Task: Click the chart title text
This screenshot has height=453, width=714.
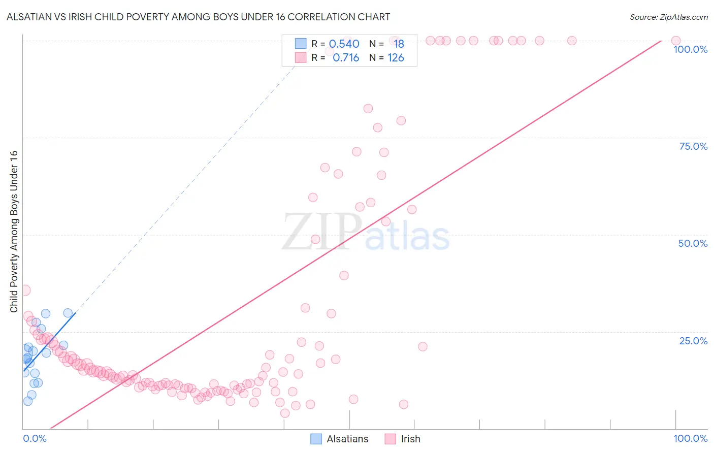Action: (198, 17)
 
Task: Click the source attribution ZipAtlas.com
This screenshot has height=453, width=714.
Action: (668, 17)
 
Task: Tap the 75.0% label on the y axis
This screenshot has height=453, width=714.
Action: (693, 146)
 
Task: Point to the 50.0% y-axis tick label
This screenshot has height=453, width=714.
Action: (693, 243)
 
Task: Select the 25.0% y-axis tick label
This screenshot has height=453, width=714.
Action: (693, 341)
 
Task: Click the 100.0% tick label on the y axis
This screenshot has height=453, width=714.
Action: (690, 49)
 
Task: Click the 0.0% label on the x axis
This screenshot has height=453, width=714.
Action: (35, 438)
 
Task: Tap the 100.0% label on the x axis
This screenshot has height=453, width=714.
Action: (690, 438)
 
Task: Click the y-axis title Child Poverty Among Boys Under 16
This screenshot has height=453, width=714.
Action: (14, 232)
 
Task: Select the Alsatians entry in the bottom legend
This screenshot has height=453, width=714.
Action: (347, 439)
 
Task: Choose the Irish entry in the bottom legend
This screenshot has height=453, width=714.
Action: (410, 439)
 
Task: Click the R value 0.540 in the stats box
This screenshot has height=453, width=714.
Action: (344, 44)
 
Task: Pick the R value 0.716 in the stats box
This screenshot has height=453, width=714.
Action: (345, 58)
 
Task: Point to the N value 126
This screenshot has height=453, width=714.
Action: (396, 58)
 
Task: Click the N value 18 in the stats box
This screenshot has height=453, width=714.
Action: (399, 44)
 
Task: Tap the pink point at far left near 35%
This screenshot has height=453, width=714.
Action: (25, 290)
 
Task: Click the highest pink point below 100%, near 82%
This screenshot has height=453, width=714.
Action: (368, 109)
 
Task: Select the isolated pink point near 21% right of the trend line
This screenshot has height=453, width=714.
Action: (423, 347)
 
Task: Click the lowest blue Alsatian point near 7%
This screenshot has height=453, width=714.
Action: (28, 401)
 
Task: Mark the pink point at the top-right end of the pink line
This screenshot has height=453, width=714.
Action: (676, 41)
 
